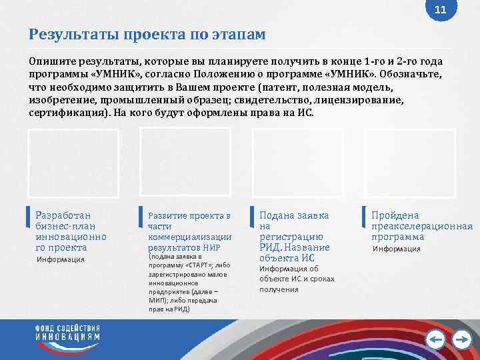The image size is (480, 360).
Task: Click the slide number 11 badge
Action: (440, 10)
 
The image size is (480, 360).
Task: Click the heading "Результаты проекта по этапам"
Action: (147, 34)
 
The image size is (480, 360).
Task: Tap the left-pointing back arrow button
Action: (435, 341)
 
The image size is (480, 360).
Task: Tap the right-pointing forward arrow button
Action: (461, 341)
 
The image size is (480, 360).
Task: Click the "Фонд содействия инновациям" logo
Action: (67, 334)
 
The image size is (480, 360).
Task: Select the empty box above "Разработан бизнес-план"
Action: (73, 164)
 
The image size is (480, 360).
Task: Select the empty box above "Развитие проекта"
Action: (185, 164)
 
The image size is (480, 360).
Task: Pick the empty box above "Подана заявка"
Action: (298, 164)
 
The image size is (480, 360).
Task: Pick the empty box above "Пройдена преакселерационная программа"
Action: (410, 164)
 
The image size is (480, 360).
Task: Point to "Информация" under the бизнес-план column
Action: (61, 259)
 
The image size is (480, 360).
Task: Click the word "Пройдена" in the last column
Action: (395, 215)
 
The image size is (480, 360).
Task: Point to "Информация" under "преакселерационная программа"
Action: (397, 249)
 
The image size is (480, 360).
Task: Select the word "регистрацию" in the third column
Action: (291, 237)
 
